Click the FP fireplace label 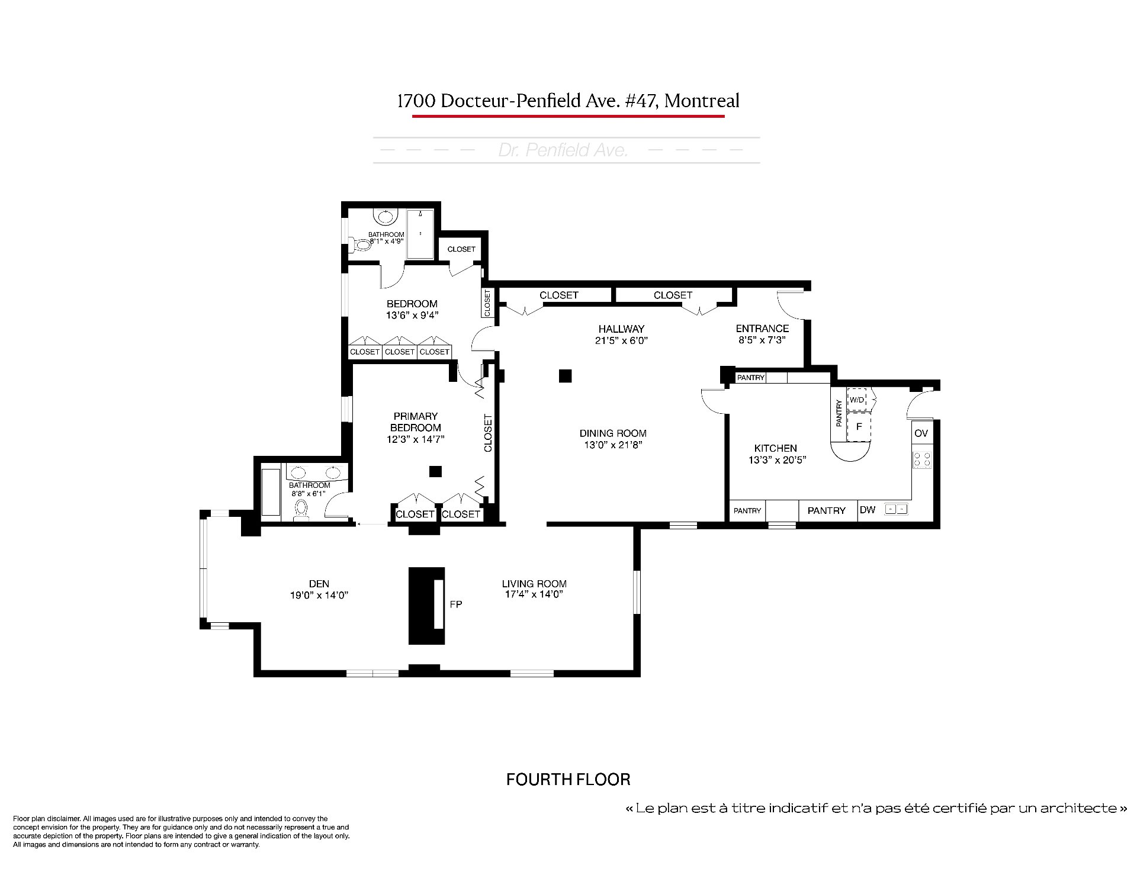(x=455, y=604)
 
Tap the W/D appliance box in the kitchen (x=857, y=399)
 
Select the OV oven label (x=921, y=433)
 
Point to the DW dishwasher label (x=868, y=510)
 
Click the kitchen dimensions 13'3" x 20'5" (x=776, y=460)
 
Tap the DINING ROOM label (x=613, y=433)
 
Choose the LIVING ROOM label (x=534, y=584)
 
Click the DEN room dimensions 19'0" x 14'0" (x=319, y=595)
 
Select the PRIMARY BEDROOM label (x=416, y=422)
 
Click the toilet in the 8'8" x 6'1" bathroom (x=301, y=510)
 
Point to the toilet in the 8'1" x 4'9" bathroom (x=361, y=244)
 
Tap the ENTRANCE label (x=762, y=329)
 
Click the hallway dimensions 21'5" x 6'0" (x=621, y=340)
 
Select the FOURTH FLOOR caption (x=568, y=779)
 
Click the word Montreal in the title (x=702, y=101)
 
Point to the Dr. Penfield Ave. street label (x=563, y=150)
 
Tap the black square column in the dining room (x=566, y=375)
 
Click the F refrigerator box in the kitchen (x=859, y=427)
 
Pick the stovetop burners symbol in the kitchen (x=922, y=459)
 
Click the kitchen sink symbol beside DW (x=896, y=509)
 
